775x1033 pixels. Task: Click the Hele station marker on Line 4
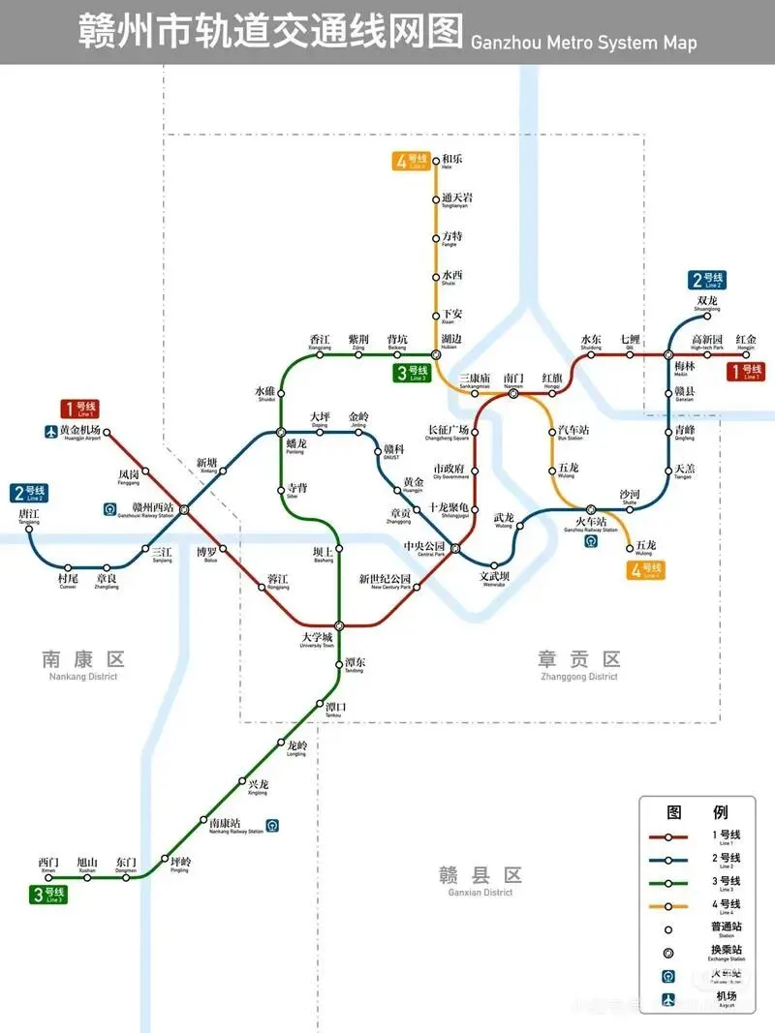pyautogui.click(x=436, y=160)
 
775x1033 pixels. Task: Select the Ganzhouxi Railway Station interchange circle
pyautogui.click(x=184, y=509)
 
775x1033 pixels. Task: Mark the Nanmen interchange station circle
pyautogui.click(x=513, y=394)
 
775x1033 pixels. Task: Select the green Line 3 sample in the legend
pyautogui.click(x=668, y=882)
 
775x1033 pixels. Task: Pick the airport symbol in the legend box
pyautogui.click(x=668, y=1000)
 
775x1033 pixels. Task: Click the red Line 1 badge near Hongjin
pyautogui.click(x=746, y=371)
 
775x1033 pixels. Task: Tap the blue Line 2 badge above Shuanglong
pyautogui.click(x=707, y=281)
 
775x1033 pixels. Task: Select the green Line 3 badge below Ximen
pyautogui.click(x=47, y=895)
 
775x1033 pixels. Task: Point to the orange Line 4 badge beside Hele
pyautogui.click(x=411, y=161)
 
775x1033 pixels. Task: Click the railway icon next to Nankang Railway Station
pyautogui.click(x=276, y=826)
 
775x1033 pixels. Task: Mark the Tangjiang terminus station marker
pyautogui.click(x=29, y=529)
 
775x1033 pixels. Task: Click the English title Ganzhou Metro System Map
pyautogui.click(x=582, y=43)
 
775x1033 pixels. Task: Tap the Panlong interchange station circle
pyautogui.click(x=281, y=432)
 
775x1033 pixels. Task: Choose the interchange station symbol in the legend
pyautogui.click(x=668, y=953)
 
